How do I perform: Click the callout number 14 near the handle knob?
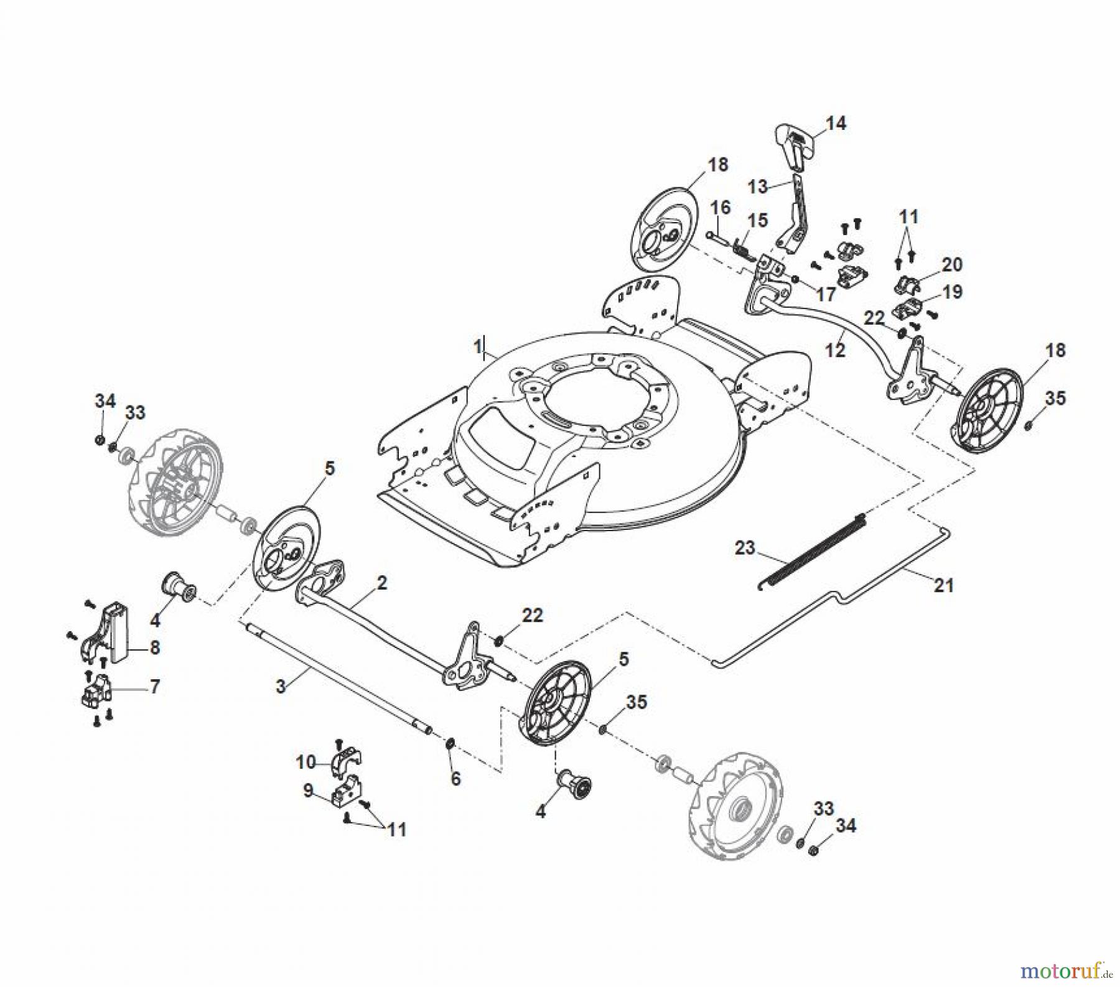click(836, 123)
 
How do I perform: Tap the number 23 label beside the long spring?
click(745, 548)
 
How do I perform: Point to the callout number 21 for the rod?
click(943, 585)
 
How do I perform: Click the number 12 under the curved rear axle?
click(835, 351)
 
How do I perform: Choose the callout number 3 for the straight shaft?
click(281, 686)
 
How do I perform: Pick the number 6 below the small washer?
click(455, 779)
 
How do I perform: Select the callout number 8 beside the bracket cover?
click(154, 647)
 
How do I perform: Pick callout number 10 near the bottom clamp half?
click(306, 761)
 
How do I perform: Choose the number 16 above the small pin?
click(721, 207)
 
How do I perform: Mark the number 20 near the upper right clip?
click(952, 264)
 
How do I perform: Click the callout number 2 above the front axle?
click(381, 583)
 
